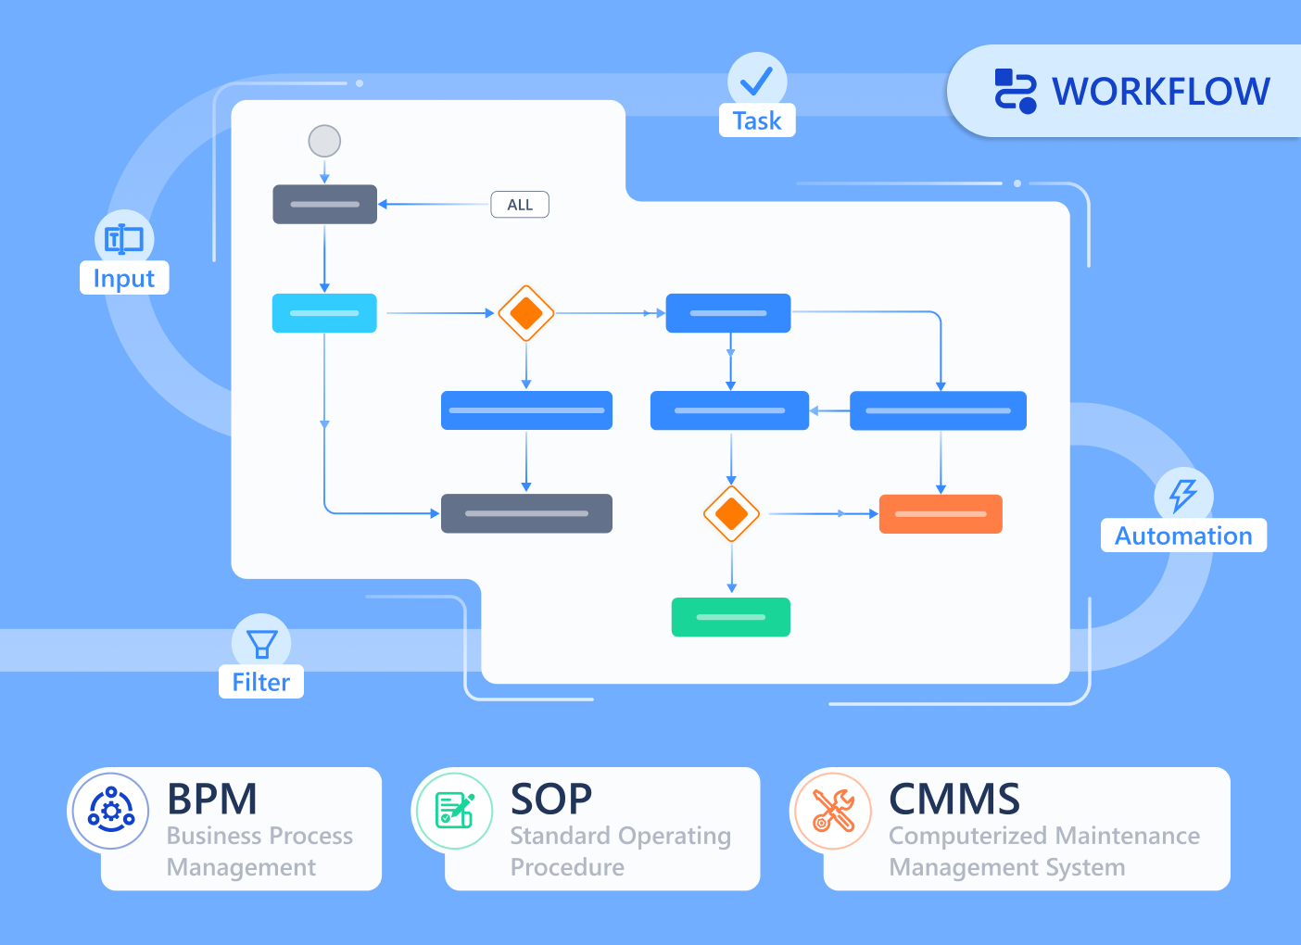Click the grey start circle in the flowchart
pyautogui.click(x=324, y=142)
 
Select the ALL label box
pyautogui.click(x=520, y=205)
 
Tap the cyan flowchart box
pyautogui.click(x=324, y=313)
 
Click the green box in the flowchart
pyautogui.click(x=731, y=617)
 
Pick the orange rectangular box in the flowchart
pyautogui.click(x=941, y=513)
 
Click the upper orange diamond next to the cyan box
pyautogui.click(x=526, y=313)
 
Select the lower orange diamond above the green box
pyautogui.click(x=732, y=513)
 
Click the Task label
pyautogui.click(x=757, y=121)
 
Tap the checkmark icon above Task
pyautogui.click(x=757, y=81)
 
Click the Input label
pyautogui.click(x=124, y=278)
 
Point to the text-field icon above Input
pyautogui.click(x=124, y=239)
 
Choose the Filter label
pyautogui.click(x=261, y=682)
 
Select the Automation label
pyautogui.click(x=1183, y=535)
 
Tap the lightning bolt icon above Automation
pyautogui.click(x=1183, y=495)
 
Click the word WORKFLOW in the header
pyautogui.click(x=1161, y=92)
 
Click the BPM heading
pyautogui.click(x=212, y=799)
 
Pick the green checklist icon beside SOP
pyautogui.click(x=454, y=811)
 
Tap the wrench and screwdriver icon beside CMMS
pyautogui.click(x=833, y=811)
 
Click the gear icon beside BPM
pyautogui.click(x=111, y=811)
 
